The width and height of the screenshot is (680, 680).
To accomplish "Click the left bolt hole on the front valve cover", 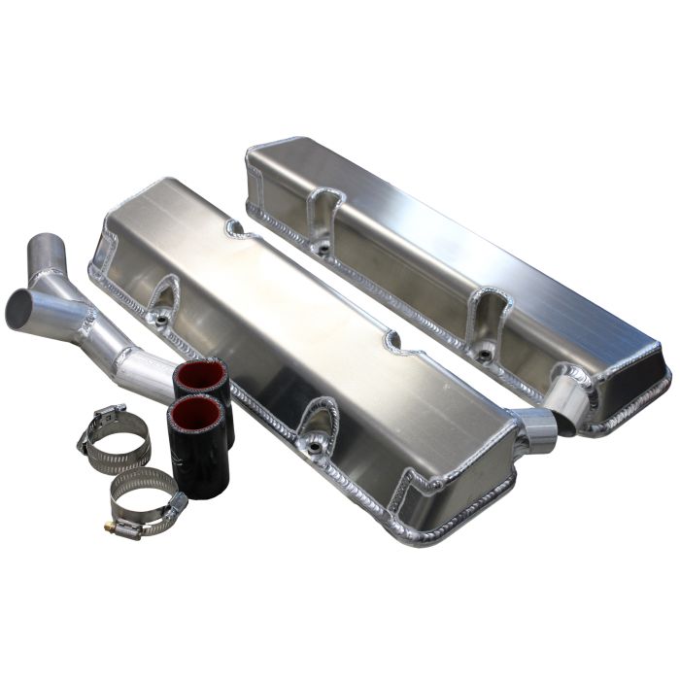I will pyautogui.click(x=157, y=318).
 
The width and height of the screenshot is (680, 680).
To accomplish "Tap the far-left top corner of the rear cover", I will pyautogui.click(x=253, y=151).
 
